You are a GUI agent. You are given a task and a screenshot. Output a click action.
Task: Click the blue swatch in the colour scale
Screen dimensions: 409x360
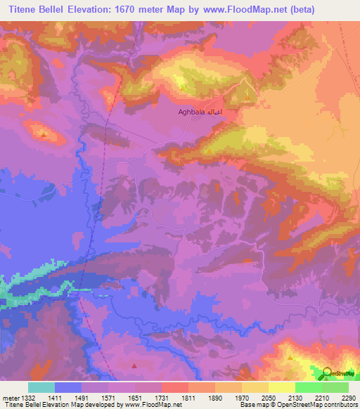click(68, 387)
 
